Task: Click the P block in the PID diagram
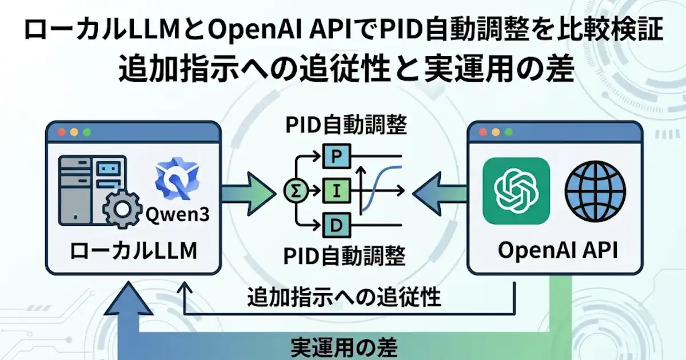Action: [337, 154]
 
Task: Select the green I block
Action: [337, 190]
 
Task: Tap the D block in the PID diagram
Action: [337, 226]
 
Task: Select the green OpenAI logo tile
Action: [516, 191]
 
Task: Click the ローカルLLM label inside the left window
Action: [133, 251]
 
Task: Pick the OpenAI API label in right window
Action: [558, 251]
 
